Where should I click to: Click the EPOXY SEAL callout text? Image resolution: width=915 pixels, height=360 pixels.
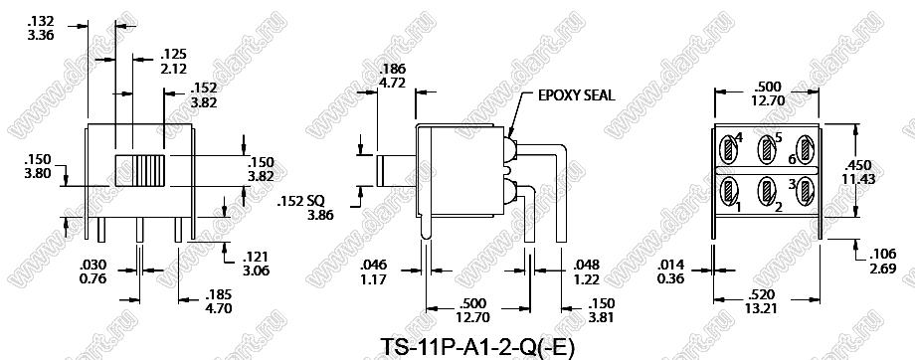[576, 95]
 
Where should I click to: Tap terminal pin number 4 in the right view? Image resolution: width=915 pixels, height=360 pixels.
[730, 150]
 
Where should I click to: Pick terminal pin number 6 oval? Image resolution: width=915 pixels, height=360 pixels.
[806, 150]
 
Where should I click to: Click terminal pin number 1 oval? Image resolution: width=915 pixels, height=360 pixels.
[730, 190]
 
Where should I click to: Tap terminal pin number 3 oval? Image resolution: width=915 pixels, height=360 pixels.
[806, 190]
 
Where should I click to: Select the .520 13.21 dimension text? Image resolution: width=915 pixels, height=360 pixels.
[761, 301]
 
